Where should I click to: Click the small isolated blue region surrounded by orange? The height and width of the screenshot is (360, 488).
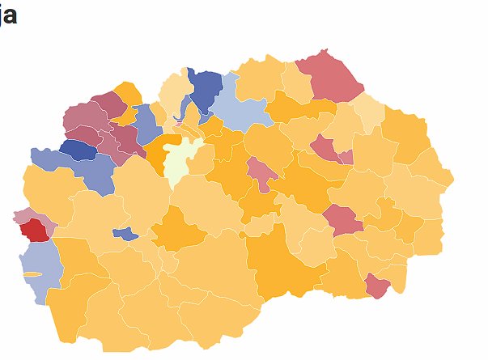click(x=125, y=234)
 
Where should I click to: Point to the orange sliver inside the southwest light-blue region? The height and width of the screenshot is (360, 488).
click(x=32, y=274)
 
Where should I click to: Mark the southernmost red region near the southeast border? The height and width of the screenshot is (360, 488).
click(x=377, y=285)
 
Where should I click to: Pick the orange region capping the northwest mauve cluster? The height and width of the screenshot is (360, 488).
click(x=128, y=92)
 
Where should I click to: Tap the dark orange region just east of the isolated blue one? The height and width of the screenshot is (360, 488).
click(x=179, y=230)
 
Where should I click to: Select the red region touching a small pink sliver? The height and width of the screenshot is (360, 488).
click(x=325, y=147)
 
